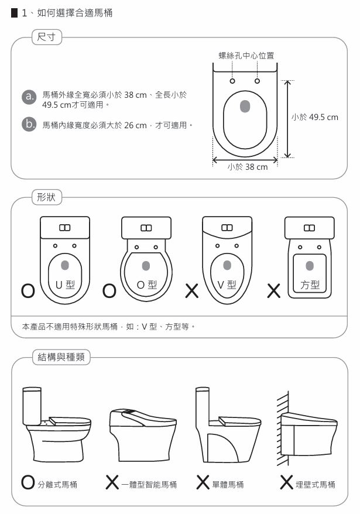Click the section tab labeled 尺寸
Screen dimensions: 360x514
47,37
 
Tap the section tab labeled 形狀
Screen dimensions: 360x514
47,197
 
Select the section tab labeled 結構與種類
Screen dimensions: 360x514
61,357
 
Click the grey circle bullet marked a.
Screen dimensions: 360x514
29,97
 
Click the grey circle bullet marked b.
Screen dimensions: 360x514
29,125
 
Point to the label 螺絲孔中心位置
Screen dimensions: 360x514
246,56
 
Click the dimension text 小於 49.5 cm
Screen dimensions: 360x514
315,117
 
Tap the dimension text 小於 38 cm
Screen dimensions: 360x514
248,167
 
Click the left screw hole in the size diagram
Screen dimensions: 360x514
232,81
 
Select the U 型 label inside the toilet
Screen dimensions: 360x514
65,285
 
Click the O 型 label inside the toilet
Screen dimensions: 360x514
146,285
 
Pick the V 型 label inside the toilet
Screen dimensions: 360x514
227,285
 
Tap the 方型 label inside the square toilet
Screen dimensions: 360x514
310,285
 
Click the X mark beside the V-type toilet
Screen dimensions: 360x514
192,291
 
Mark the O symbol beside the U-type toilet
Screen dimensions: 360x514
28,291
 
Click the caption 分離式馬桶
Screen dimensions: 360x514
57,485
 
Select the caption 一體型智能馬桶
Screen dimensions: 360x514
149,485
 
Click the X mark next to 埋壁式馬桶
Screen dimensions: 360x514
287,482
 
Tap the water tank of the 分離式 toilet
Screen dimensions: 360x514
32,406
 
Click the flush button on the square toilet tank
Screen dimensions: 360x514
310,228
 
